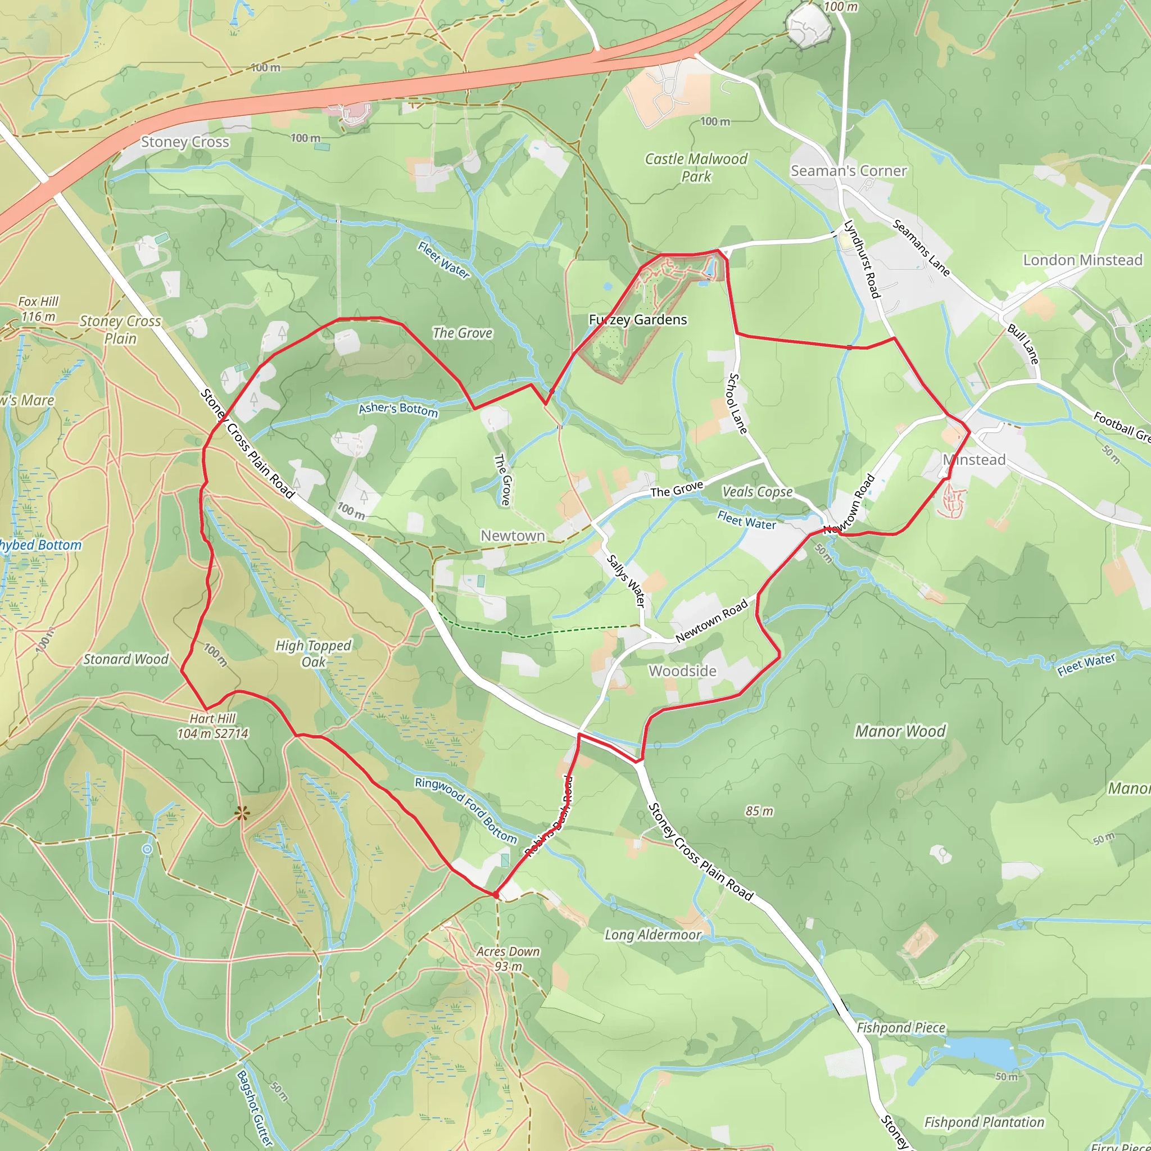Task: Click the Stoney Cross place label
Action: [185, 142]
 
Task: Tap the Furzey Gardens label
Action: [637, 320]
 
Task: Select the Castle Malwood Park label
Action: [696, 167]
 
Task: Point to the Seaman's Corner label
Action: [848, 171]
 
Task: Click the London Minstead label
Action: [1082, 260]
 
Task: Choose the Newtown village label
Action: [513, 536]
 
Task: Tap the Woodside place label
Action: [682, 671]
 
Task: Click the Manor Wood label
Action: [900, 731]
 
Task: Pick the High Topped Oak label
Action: [314, 654]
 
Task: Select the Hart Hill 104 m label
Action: [212, 726]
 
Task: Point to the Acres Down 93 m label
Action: [507, 959]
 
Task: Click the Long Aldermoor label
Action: [653, 935]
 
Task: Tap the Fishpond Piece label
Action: [900, 1028]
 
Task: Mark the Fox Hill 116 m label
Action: [38, 309]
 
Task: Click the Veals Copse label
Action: [757, 492]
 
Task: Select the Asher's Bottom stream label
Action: [398, 409]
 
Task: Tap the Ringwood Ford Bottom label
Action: [466, 810]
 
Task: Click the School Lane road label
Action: [737, 404]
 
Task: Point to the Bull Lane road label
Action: [1023, 344]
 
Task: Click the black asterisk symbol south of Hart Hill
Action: [241, 813]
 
